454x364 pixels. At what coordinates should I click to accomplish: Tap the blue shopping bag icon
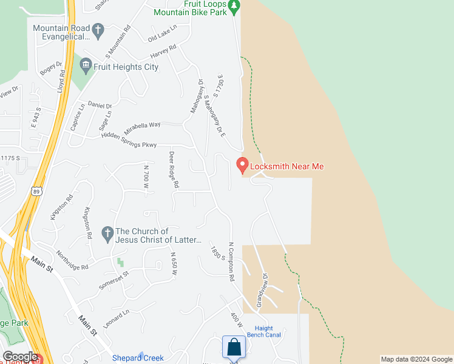(x=234, y=348)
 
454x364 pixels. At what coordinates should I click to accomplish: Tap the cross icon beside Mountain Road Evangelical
(x=98, y=29)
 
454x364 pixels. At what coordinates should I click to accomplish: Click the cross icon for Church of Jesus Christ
(x=107, y=232)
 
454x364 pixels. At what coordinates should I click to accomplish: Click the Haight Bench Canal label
(x=263, y=332)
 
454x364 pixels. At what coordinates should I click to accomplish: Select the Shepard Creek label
(x=138, y=358)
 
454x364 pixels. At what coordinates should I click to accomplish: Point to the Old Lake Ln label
(x=162, y=33)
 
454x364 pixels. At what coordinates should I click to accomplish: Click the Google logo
(x=20, y=357)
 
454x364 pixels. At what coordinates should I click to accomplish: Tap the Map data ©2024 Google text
(x=416, y=359)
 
